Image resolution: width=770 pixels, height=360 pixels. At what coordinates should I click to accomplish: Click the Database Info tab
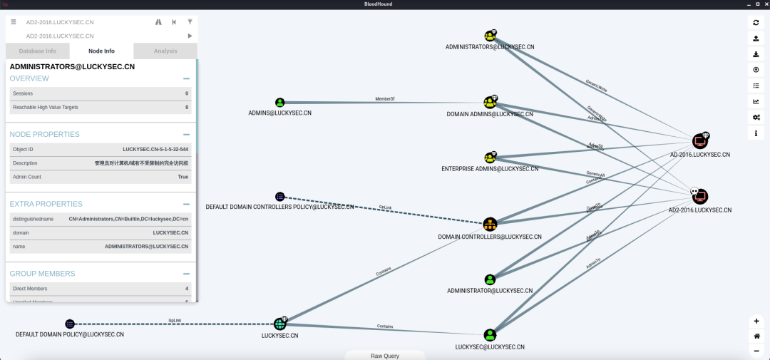(38, 51)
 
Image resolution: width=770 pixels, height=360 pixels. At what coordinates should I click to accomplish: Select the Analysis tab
(165, 51)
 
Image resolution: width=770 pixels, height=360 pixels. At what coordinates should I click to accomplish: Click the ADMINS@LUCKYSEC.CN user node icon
(280, 103)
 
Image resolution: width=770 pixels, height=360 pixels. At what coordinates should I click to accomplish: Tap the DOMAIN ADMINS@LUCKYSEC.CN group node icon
(490, 103)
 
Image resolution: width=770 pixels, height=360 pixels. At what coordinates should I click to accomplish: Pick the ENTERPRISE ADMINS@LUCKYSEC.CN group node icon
(490, 158)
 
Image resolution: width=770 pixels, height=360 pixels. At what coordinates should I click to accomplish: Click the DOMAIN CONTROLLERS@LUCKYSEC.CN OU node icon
(490, 225)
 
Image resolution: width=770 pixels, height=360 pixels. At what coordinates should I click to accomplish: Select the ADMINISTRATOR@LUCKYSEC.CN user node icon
(490, 279)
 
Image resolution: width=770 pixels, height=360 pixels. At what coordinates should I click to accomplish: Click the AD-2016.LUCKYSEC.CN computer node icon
(699, 141)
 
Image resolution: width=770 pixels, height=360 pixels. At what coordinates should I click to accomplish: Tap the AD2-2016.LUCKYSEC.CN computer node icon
(699, 196)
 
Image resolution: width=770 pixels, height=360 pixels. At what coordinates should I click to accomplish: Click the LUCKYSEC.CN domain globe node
(280, 324)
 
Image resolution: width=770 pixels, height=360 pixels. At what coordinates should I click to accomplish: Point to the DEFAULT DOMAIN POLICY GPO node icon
(70, 324)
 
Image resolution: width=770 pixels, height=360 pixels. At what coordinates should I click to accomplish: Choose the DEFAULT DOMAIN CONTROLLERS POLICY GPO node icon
(280, 197)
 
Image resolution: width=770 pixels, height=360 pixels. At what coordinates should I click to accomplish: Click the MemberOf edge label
(385, 99)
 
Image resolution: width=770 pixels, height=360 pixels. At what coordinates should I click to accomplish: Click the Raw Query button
(385, 355)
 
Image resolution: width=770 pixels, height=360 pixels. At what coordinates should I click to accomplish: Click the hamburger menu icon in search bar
(14, 22)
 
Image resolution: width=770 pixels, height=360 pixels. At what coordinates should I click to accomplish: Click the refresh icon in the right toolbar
(756, 22)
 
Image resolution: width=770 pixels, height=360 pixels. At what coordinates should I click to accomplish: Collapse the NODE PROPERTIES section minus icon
(186, 134)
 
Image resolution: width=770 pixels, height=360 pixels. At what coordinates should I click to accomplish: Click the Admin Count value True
(183, 177)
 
